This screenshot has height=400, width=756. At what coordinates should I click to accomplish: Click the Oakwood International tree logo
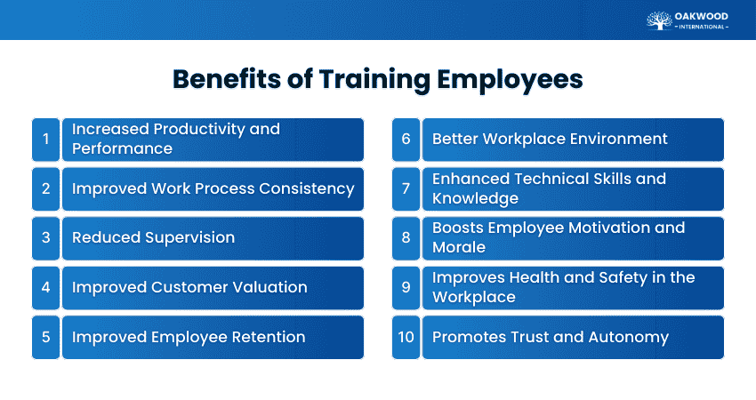pos(659,20)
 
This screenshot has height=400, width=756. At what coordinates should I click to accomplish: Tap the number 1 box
pos(45,139)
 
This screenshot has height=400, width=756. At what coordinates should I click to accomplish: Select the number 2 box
pos(45,188)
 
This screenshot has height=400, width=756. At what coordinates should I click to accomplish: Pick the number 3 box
pos(45,238)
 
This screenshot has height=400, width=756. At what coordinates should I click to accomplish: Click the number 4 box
pos(45,287)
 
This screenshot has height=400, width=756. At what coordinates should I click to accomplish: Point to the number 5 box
pos(45,337)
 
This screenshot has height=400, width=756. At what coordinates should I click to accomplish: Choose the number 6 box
pos(406,139)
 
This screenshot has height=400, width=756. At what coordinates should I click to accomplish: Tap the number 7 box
pos(406,188)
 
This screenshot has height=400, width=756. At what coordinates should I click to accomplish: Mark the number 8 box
pos(406,238)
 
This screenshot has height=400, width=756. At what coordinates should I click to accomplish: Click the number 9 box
pos(406,287)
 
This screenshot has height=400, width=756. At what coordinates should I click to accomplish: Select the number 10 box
pos(406,337)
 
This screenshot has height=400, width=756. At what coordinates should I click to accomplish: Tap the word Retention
pos(264,337)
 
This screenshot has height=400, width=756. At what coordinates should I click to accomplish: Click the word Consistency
pos(307,188)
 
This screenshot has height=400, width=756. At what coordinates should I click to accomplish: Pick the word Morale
pos(459,248)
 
